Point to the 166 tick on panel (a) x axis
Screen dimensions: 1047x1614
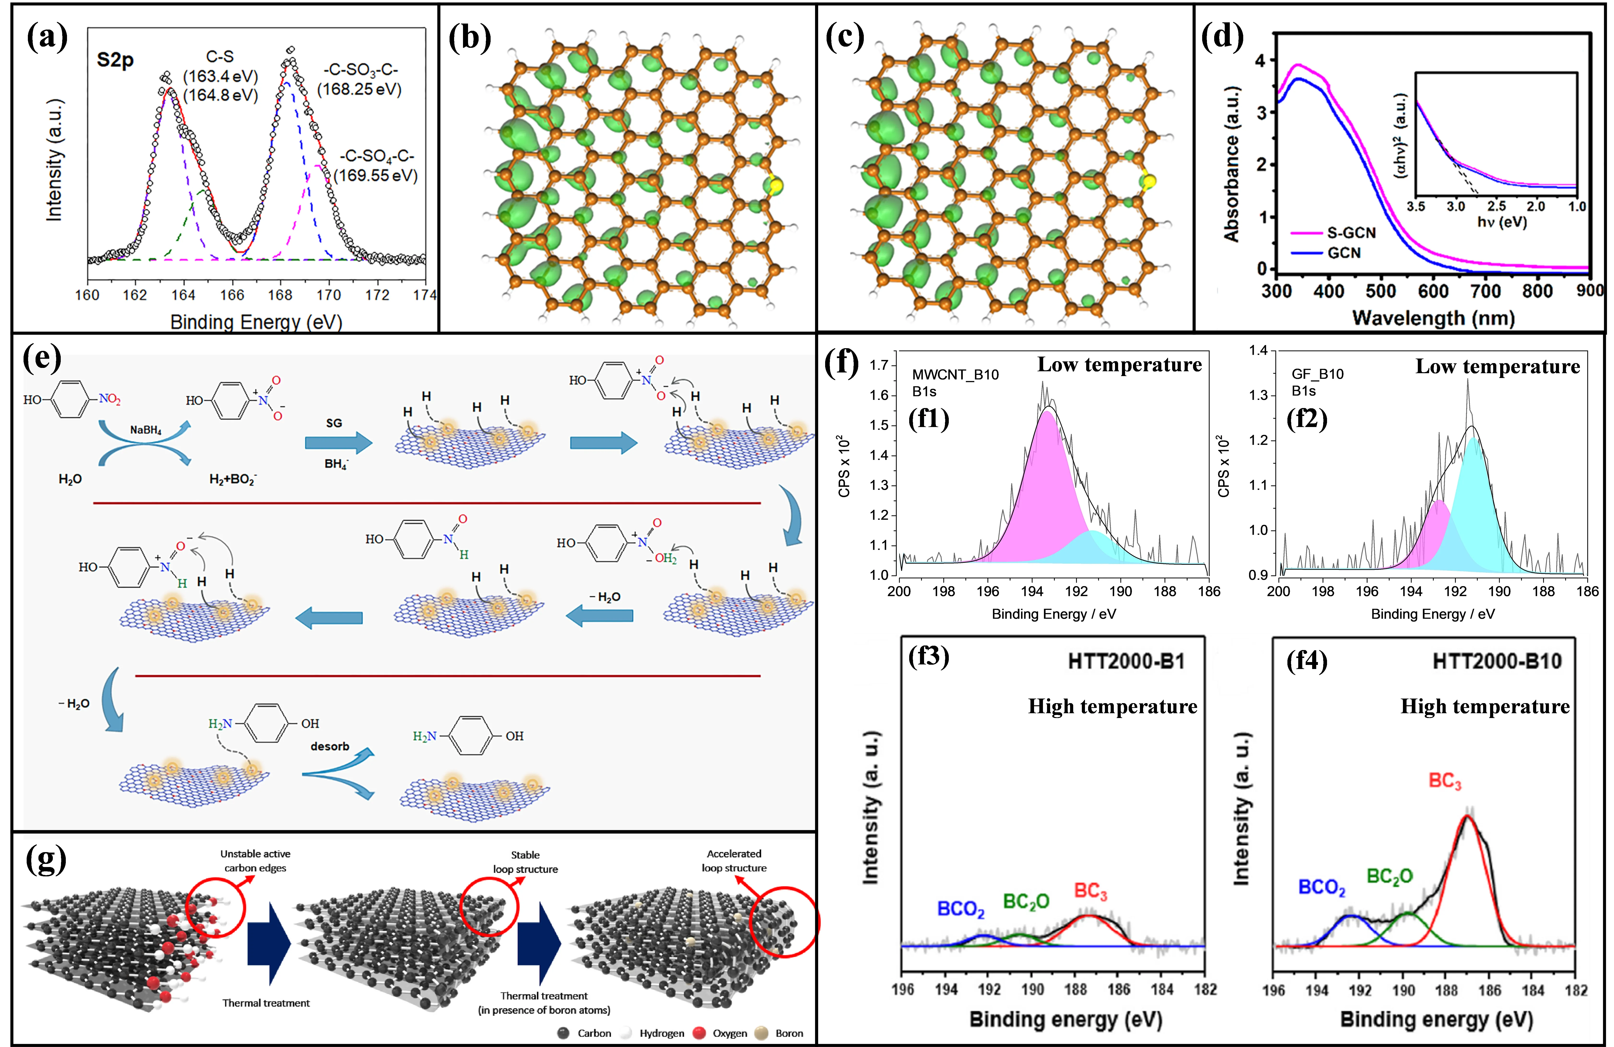coord(232,294)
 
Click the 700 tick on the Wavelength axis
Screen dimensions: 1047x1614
coord(1485,292)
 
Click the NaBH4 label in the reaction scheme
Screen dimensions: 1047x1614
coord(146,430)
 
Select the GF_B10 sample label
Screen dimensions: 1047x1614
coord(1318,374)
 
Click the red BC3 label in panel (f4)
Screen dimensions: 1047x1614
coord(1444,781)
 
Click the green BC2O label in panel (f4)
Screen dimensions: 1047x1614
coord(1389,877)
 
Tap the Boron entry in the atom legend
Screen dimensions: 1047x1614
coord(789,1033)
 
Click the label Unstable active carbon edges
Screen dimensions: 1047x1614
coord(255,860)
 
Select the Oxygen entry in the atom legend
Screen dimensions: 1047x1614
coord(729,1033)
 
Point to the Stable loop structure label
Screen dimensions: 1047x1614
coord(526,862)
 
